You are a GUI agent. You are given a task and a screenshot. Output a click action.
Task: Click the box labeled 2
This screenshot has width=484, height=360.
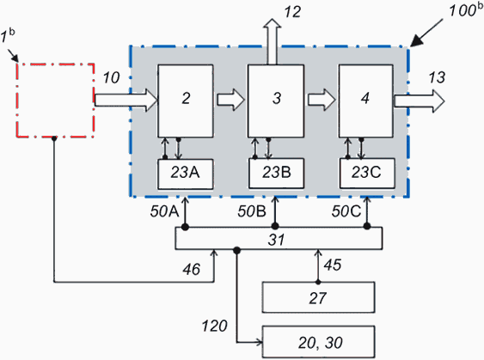[x=186, y=101]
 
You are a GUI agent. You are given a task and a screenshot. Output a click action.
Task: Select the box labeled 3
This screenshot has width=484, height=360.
[x=276, y=101]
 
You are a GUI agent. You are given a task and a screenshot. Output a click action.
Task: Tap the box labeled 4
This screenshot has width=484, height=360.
[x=366, y=101]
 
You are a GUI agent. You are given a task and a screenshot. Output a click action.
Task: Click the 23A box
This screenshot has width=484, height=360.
[x=185, y=174]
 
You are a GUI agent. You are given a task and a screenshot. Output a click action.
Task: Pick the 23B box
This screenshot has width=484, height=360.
[x=276, y=173]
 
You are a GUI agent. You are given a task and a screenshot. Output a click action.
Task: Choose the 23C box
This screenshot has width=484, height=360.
[x=367, y=173]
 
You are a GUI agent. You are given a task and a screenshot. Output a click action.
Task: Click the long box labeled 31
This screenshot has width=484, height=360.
[x=279, y=238]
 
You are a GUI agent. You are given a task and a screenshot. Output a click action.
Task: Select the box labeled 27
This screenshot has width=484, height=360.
[x=318, y=297]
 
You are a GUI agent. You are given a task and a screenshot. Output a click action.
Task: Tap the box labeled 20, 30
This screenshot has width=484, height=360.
[x=318, y=342]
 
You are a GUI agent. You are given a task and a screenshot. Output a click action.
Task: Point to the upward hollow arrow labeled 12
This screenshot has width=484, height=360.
[x=273, y=41]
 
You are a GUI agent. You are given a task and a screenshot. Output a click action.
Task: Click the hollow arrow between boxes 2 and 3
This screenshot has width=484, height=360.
[x=230, y=100]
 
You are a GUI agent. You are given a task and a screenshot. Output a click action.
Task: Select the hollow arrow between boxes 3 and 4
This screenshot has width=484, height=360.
[x=322, y=100]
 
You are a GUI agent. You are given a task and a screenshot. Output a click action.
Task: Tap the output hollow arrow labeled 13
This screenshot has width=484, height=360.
[x=420, y=101]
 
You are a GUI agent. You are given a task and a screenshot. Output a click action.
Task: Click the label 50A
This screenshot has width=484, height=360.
[x=164, y=211]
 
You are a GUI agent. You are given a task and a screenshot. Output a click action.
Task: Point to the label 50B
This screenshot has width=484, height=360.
[x=252, y=211]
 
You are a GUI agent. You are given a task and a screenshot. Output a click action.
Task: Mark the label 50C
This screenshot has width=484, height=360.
[x=346, y=211]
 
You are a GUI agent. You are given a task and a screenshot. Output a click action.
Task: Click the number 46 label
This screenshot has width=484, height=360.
[x=192, y=269]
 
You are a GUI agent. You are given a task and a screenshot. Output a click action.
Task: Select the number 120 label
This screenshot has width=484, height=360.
[x=215, y=326]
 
